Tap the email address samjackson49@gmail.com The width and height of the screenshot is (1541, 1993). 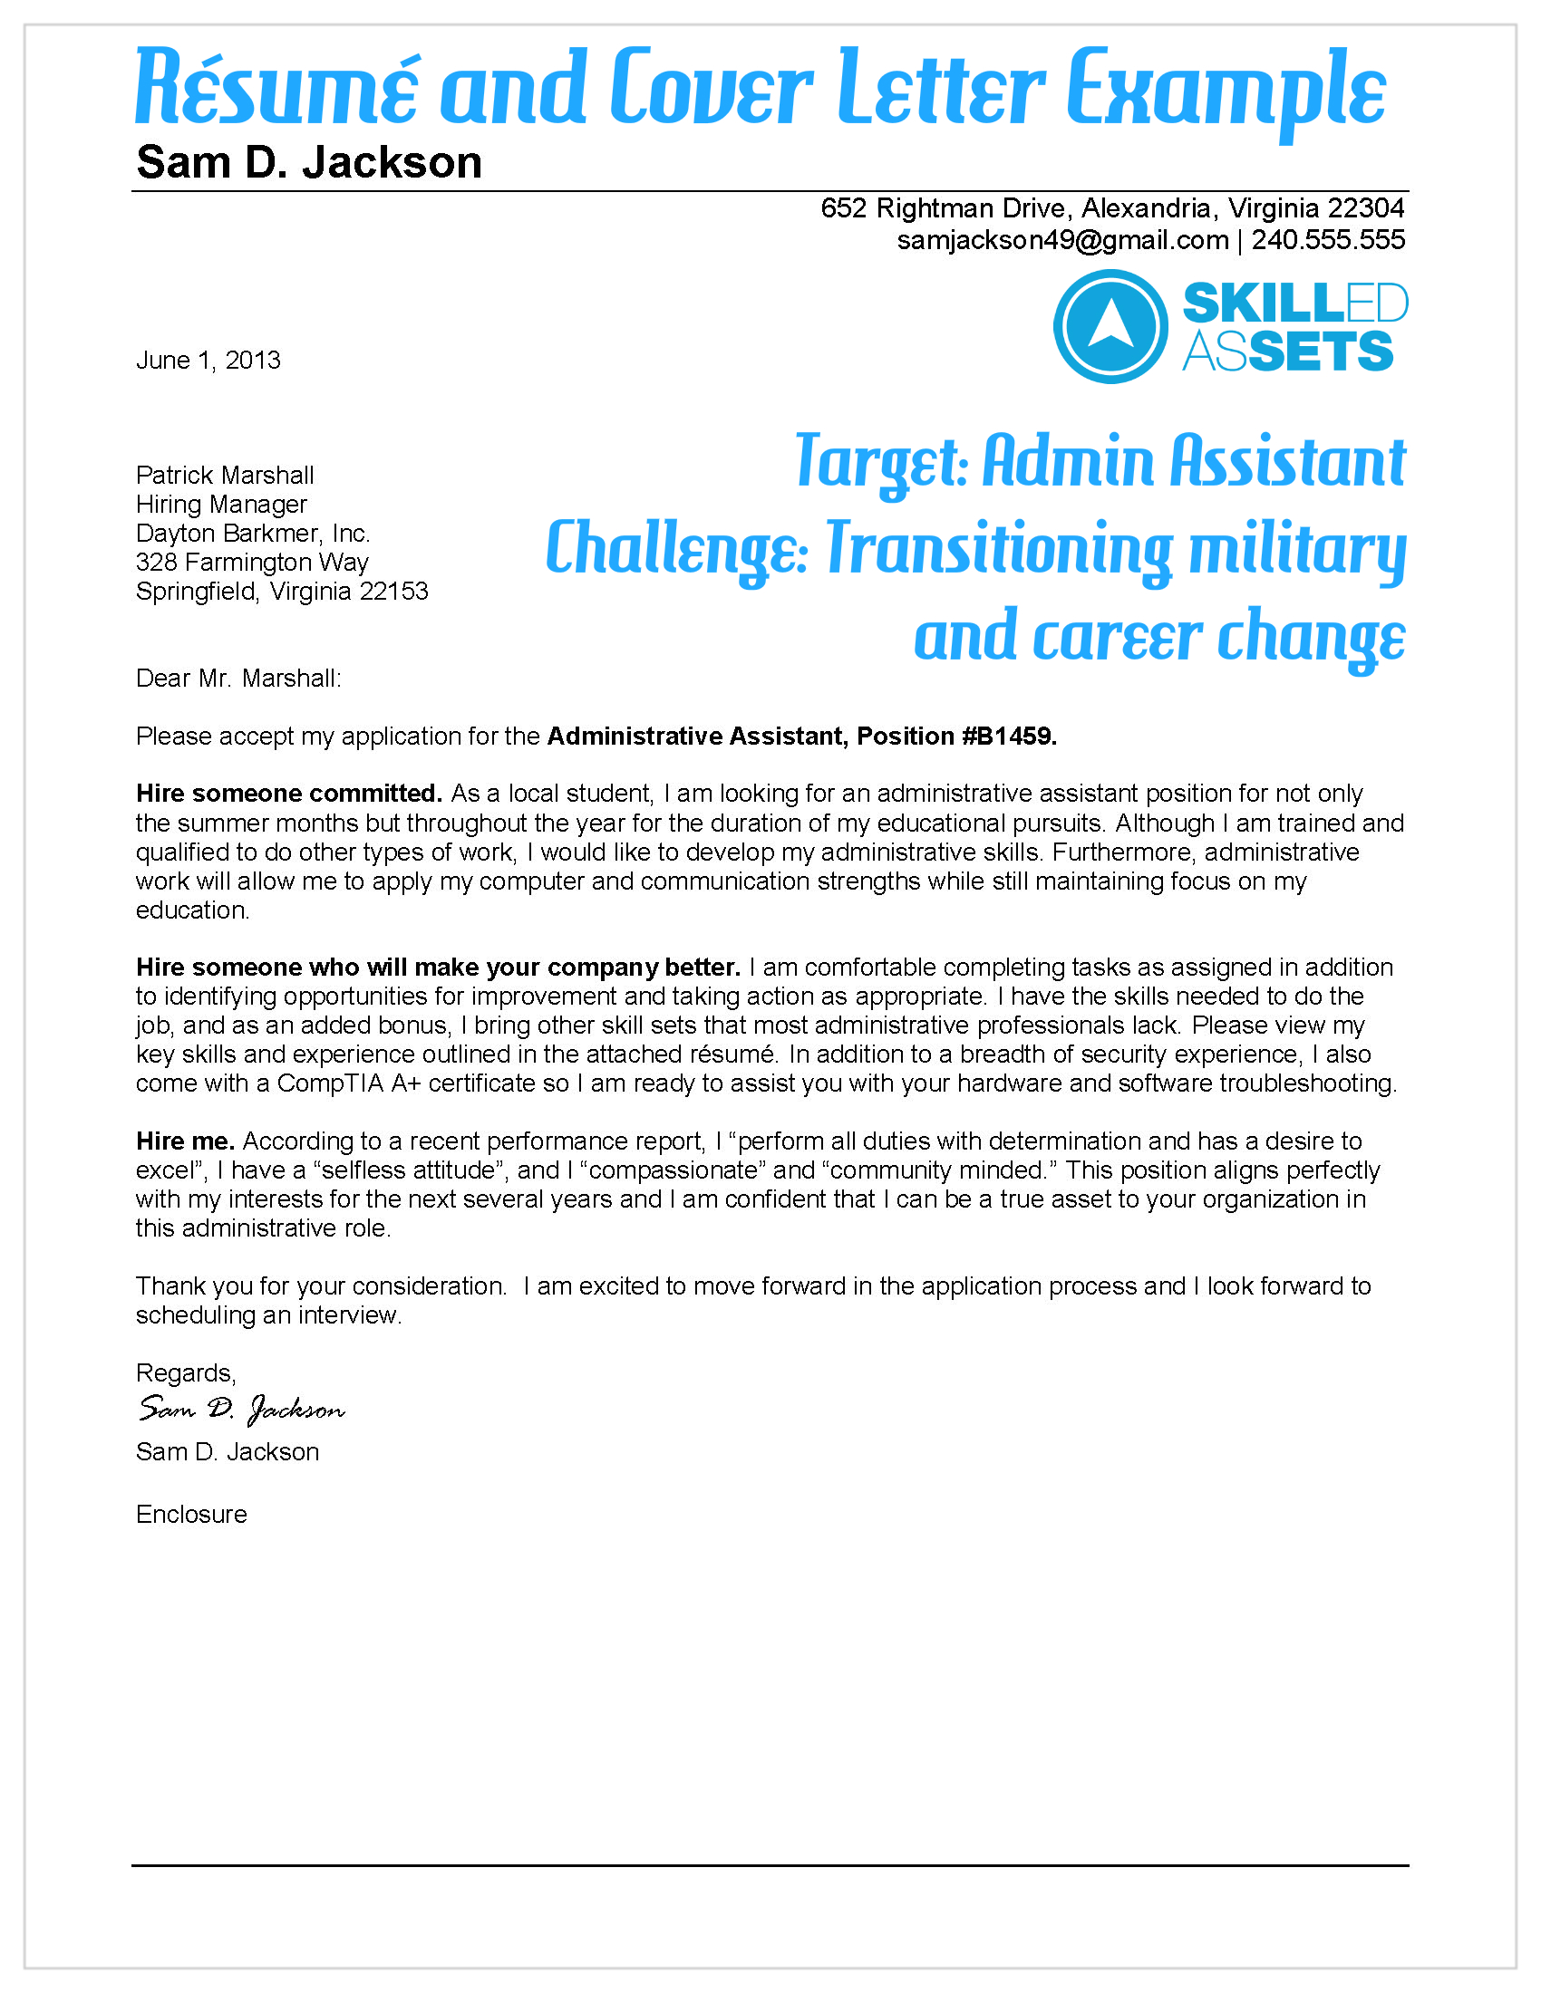[x=1061, y=240]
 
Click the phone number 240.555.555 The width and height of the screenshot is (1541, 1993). [x=1327, y=240]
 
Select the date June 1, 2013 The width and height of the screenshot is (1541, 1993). [x=208, y=361]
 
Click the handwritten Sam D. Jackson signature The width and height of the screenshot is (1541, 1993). [x=242, y=1410]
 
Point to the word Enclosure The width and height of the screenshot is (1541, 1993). [x=191, y=1515]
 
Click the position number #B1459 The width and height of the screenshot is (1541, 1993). [x=1009, y=737]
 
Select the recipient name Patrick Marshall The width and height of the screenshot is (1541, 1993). [x=225, y=476]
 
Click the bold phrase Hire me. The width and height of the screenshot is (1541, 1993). [x=185, y=1141]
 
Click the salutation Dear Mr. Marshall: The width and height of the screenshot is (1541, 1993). [x=238, y=678]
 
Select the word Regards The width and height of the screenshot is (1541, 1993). [x=185, y=1373]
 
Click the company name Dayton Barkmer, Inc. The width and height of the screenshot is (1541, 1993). [x=253, y=534]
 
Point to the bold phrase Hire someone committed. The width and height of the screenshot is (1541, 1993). [x=288, y=794]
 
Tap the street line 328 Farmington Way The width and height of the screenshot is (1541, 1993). [x=252, y=563]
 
